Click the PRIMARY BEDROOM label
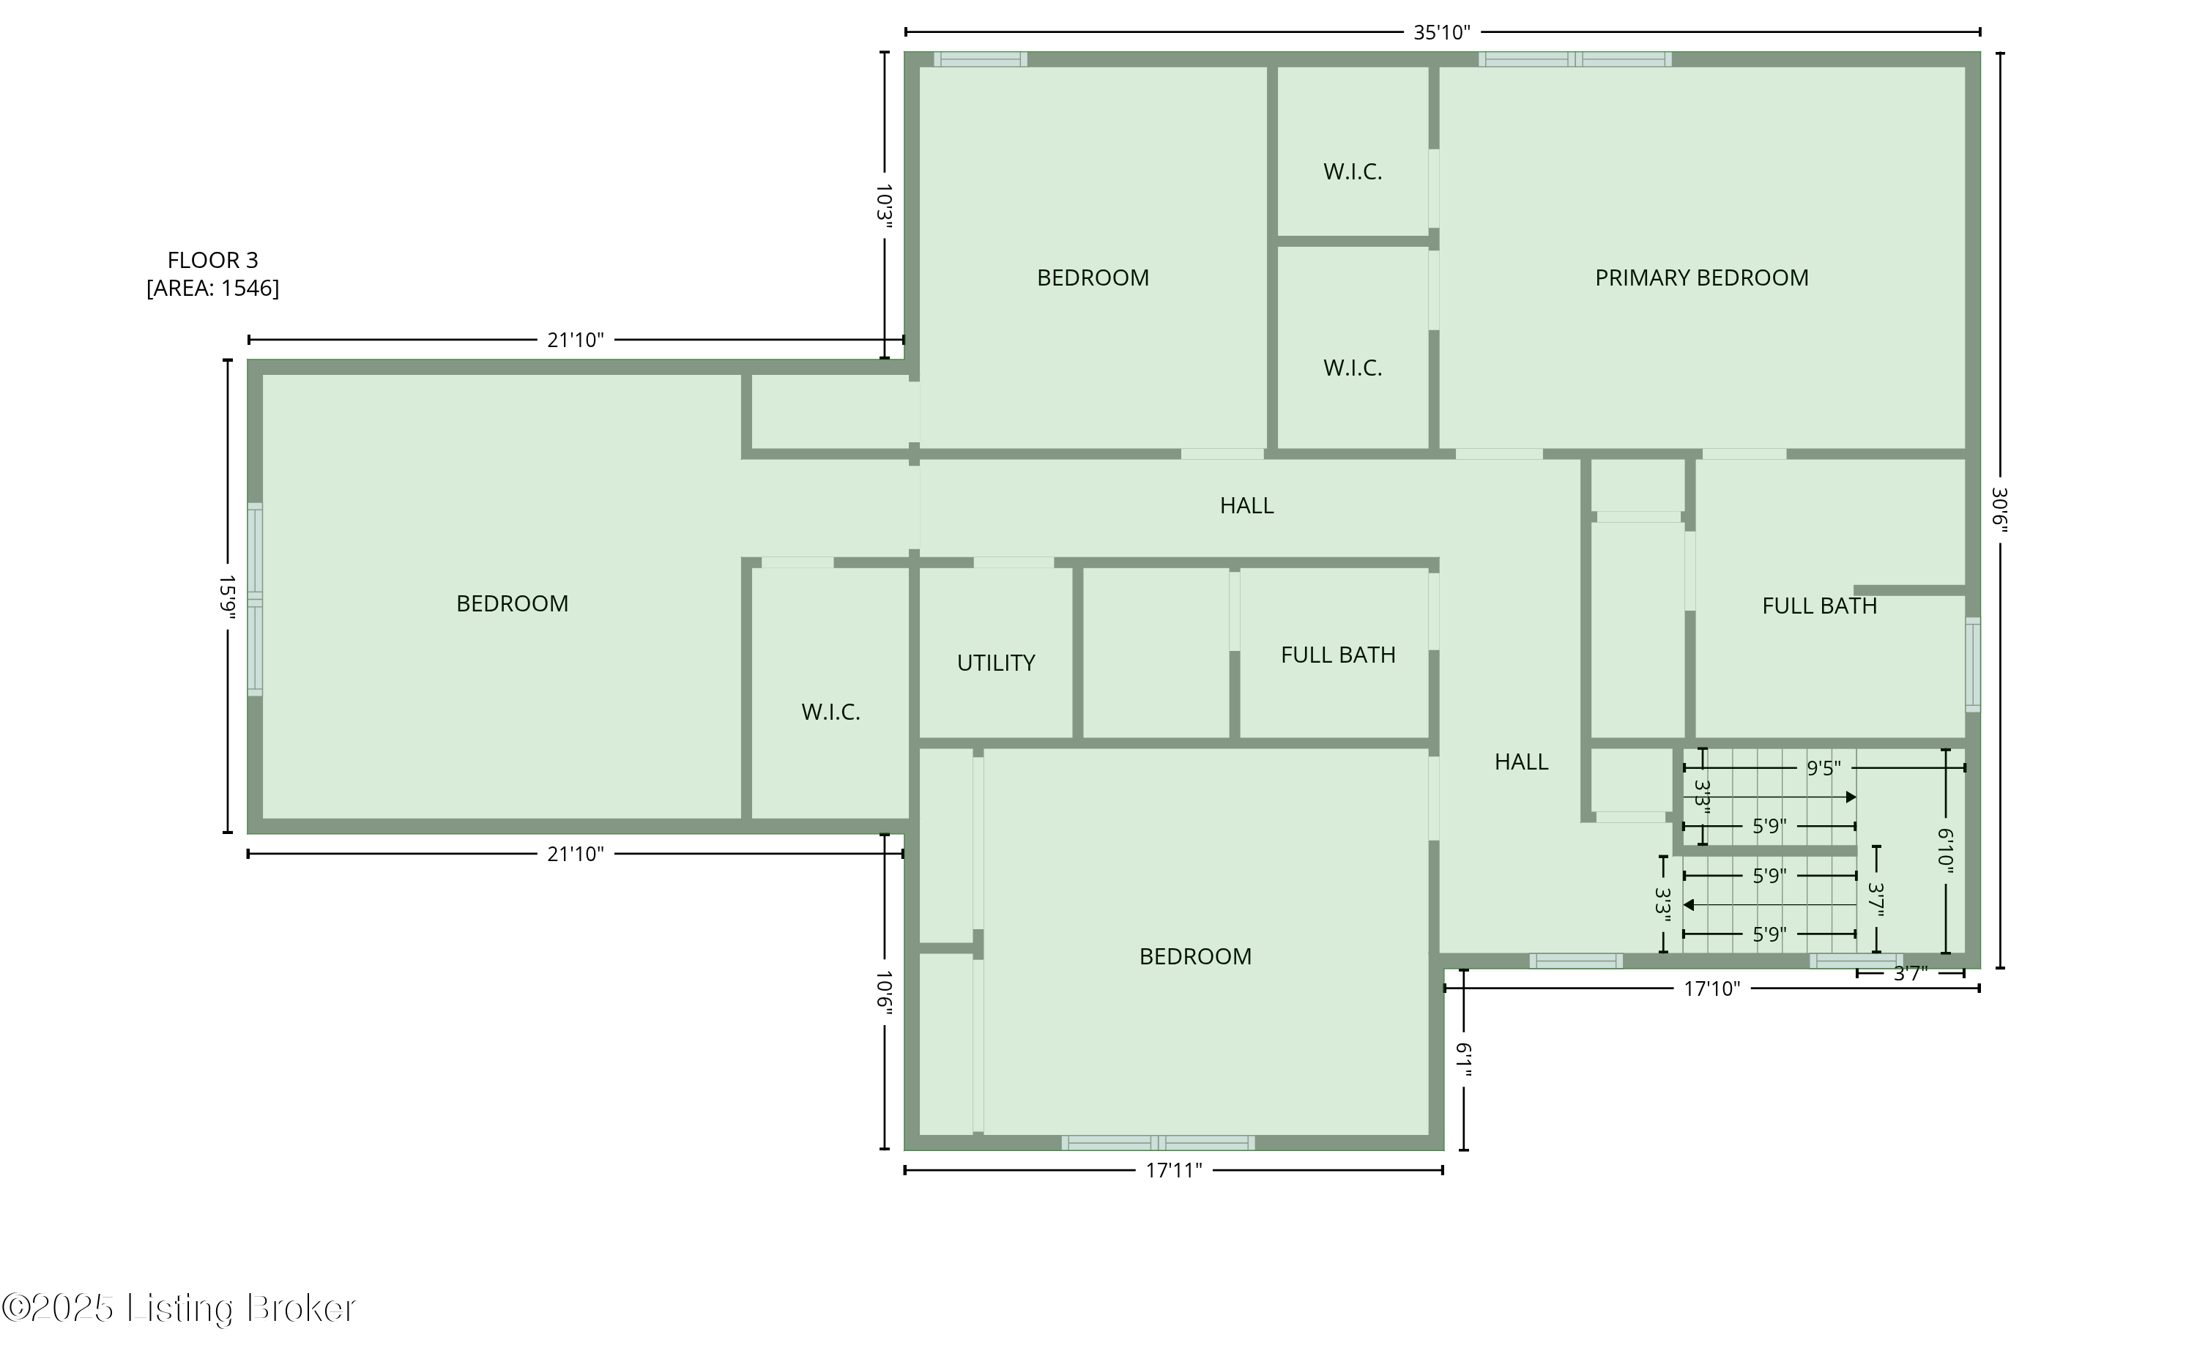click(1701, 278)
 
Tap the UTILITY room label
click(996, 663)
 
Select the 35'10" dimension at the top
click(1441, 33)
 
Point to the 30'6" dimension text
click(1999, 511)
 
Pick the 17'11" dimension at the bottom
click(1173, 1171)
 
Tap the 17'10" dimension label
click(1711, 989)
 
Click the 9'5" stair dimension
click(1823, 768)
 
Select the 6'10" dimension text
click(1944, 851)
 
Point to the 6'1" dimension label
click(1464, 1060)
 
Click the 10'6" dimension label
click(884, 994)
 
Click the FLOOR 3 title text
click(213, 261)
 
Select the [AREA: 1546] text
click(213, 288)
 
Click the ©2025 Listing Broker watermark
click(179, 1308)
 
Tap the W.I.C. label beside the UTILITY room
click(830, 712)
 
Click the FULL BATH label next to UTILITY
click(1337, 655)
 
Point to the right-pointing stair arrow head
click(1851, 797)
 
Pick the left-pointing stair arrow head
click(1689, 904)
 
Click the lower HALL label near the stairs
click(1521, 762)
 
